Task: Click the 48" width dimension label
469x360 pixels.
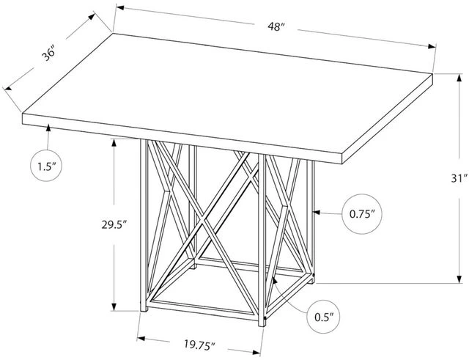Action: point(276,26)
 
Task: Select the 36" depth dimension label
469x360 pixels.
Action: point(48,54)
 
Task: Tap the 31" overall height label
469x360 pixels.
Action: point(459,179)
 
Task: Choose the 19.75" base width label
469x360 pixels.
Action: point(199,345)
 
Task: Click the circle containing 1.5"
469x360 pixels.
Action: point(46,166)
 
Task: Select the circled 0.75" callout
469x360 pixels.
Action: point(362,213)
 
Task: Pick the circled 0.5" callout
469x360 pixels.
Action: point(324,317)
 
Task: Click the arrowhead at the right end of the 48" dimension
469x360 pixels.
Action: point(432,46)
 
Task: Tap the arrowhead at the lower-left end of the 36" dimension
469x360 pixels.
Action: point(7,88)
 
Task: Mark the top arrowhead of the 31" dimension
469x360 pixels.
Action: point(459,78)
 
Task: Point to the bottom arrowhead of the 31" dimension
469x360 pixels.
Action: point(459,279)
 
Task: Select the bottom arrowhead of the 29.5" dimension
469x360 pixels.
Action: point(114,306)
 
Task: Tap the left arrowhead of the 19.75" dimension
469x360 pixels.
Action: point(141,339)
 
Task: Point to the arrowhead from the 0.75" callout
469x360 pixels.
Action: point(317,212)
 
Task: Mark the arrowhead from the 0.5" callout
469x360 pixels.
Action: point(274,280)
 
